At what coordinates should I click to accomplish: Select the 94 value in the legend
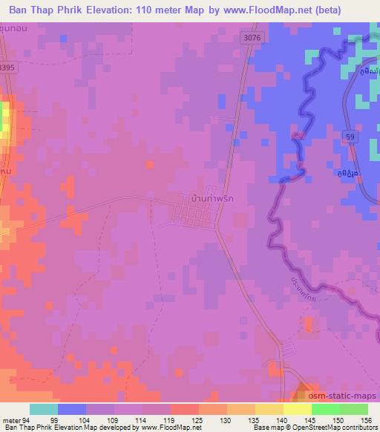pyautogui.click(x=27, y=419)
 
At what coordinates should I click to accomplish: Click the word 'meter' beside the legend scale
pyautogui.click(x=10, y=419)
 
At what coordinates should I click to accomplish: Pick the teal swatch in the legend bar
pyautogui.click(x=44, y=409)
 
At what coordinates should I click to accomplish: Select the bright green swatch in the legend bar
pyautogui.click(x=325, y=409)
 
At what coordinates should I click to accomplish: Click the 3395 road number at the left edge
pyautogui.click(x=6, y=67)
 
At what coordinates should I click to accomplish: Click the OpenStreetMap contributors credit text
pyautogui.click(x=335, y=428)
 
